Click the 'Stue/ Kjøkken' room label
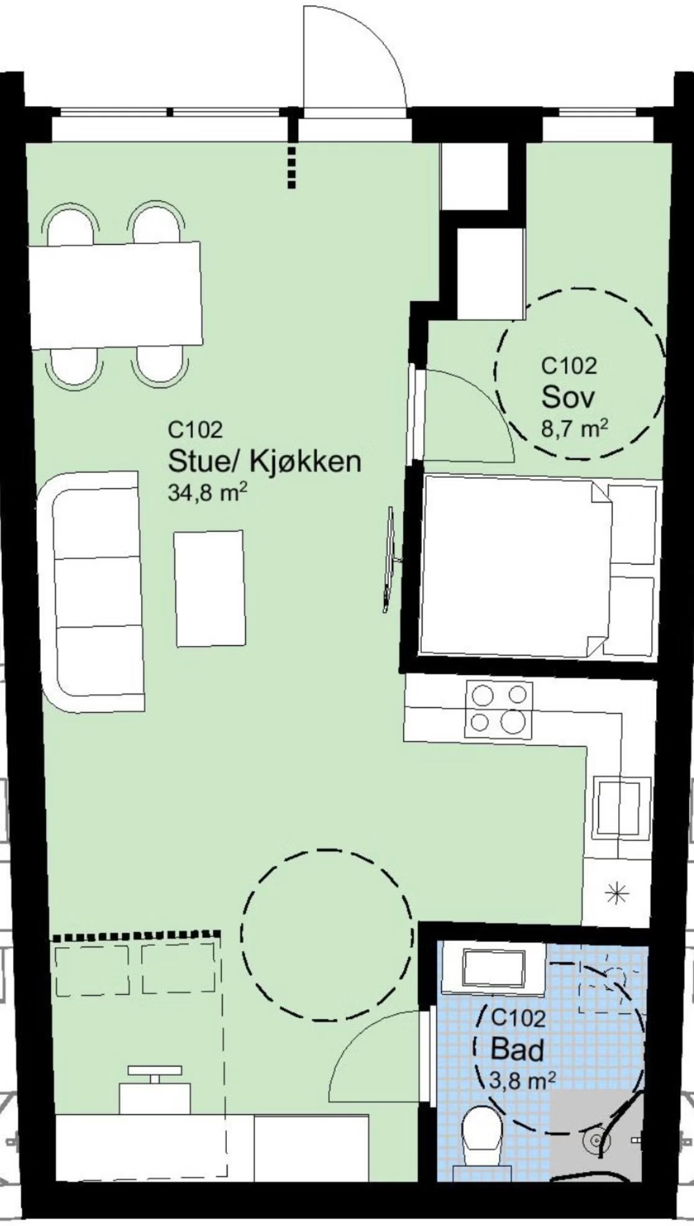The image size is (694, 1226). coord(265,461)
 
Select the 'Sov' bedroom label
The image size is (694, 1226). coord(568,397)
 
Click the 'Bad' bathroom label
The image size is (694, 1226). coord(518,1049)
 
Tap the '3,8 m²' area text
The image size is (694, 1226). coord(523,1081)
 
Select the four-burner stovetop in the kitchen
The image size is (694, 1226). coord(498,710)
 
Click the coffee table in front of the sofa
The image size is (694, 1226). coord(209,588)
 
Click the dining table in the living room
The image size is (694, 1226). coord(116,295)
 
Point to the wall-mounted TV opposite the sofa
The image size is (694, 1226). coord(390,559)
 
